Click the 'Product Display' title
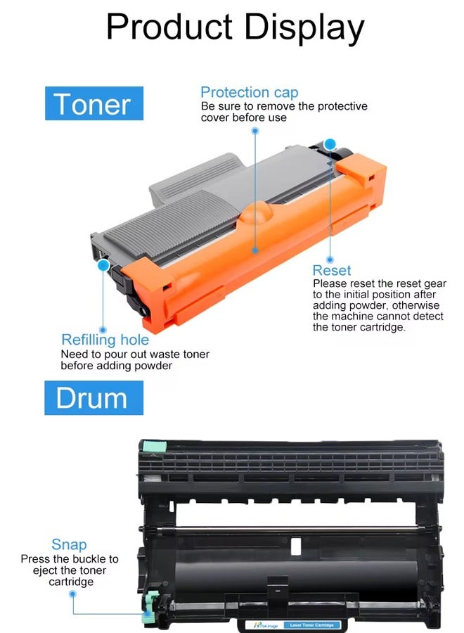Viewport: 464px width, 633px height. (x=235, y=27)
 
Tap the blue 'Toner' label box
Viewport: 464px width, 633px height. (x=94, y=104)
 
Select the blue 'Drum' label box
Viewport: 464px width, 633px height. (x=94, y=398)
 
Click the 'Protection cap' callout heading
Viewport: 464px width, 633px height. (x=249, y=92)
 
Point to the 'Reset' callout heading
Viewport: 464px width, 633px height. (x=332, y=271)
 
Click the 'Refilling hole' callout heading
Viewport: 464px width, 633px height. (x=105, y=340)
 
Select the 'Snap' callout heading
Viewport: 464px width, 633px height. (x=69, y=544)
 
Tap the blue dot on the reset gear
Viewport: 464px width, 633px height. (x=330, y=143)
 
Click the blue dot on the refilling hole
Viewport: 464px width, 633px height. (x=103, y=265)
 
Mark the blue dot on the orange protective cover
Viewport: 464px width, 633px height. (x=254, y=248)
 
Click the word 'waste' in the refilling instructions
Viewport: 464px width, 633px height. (x=150, y=354)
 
